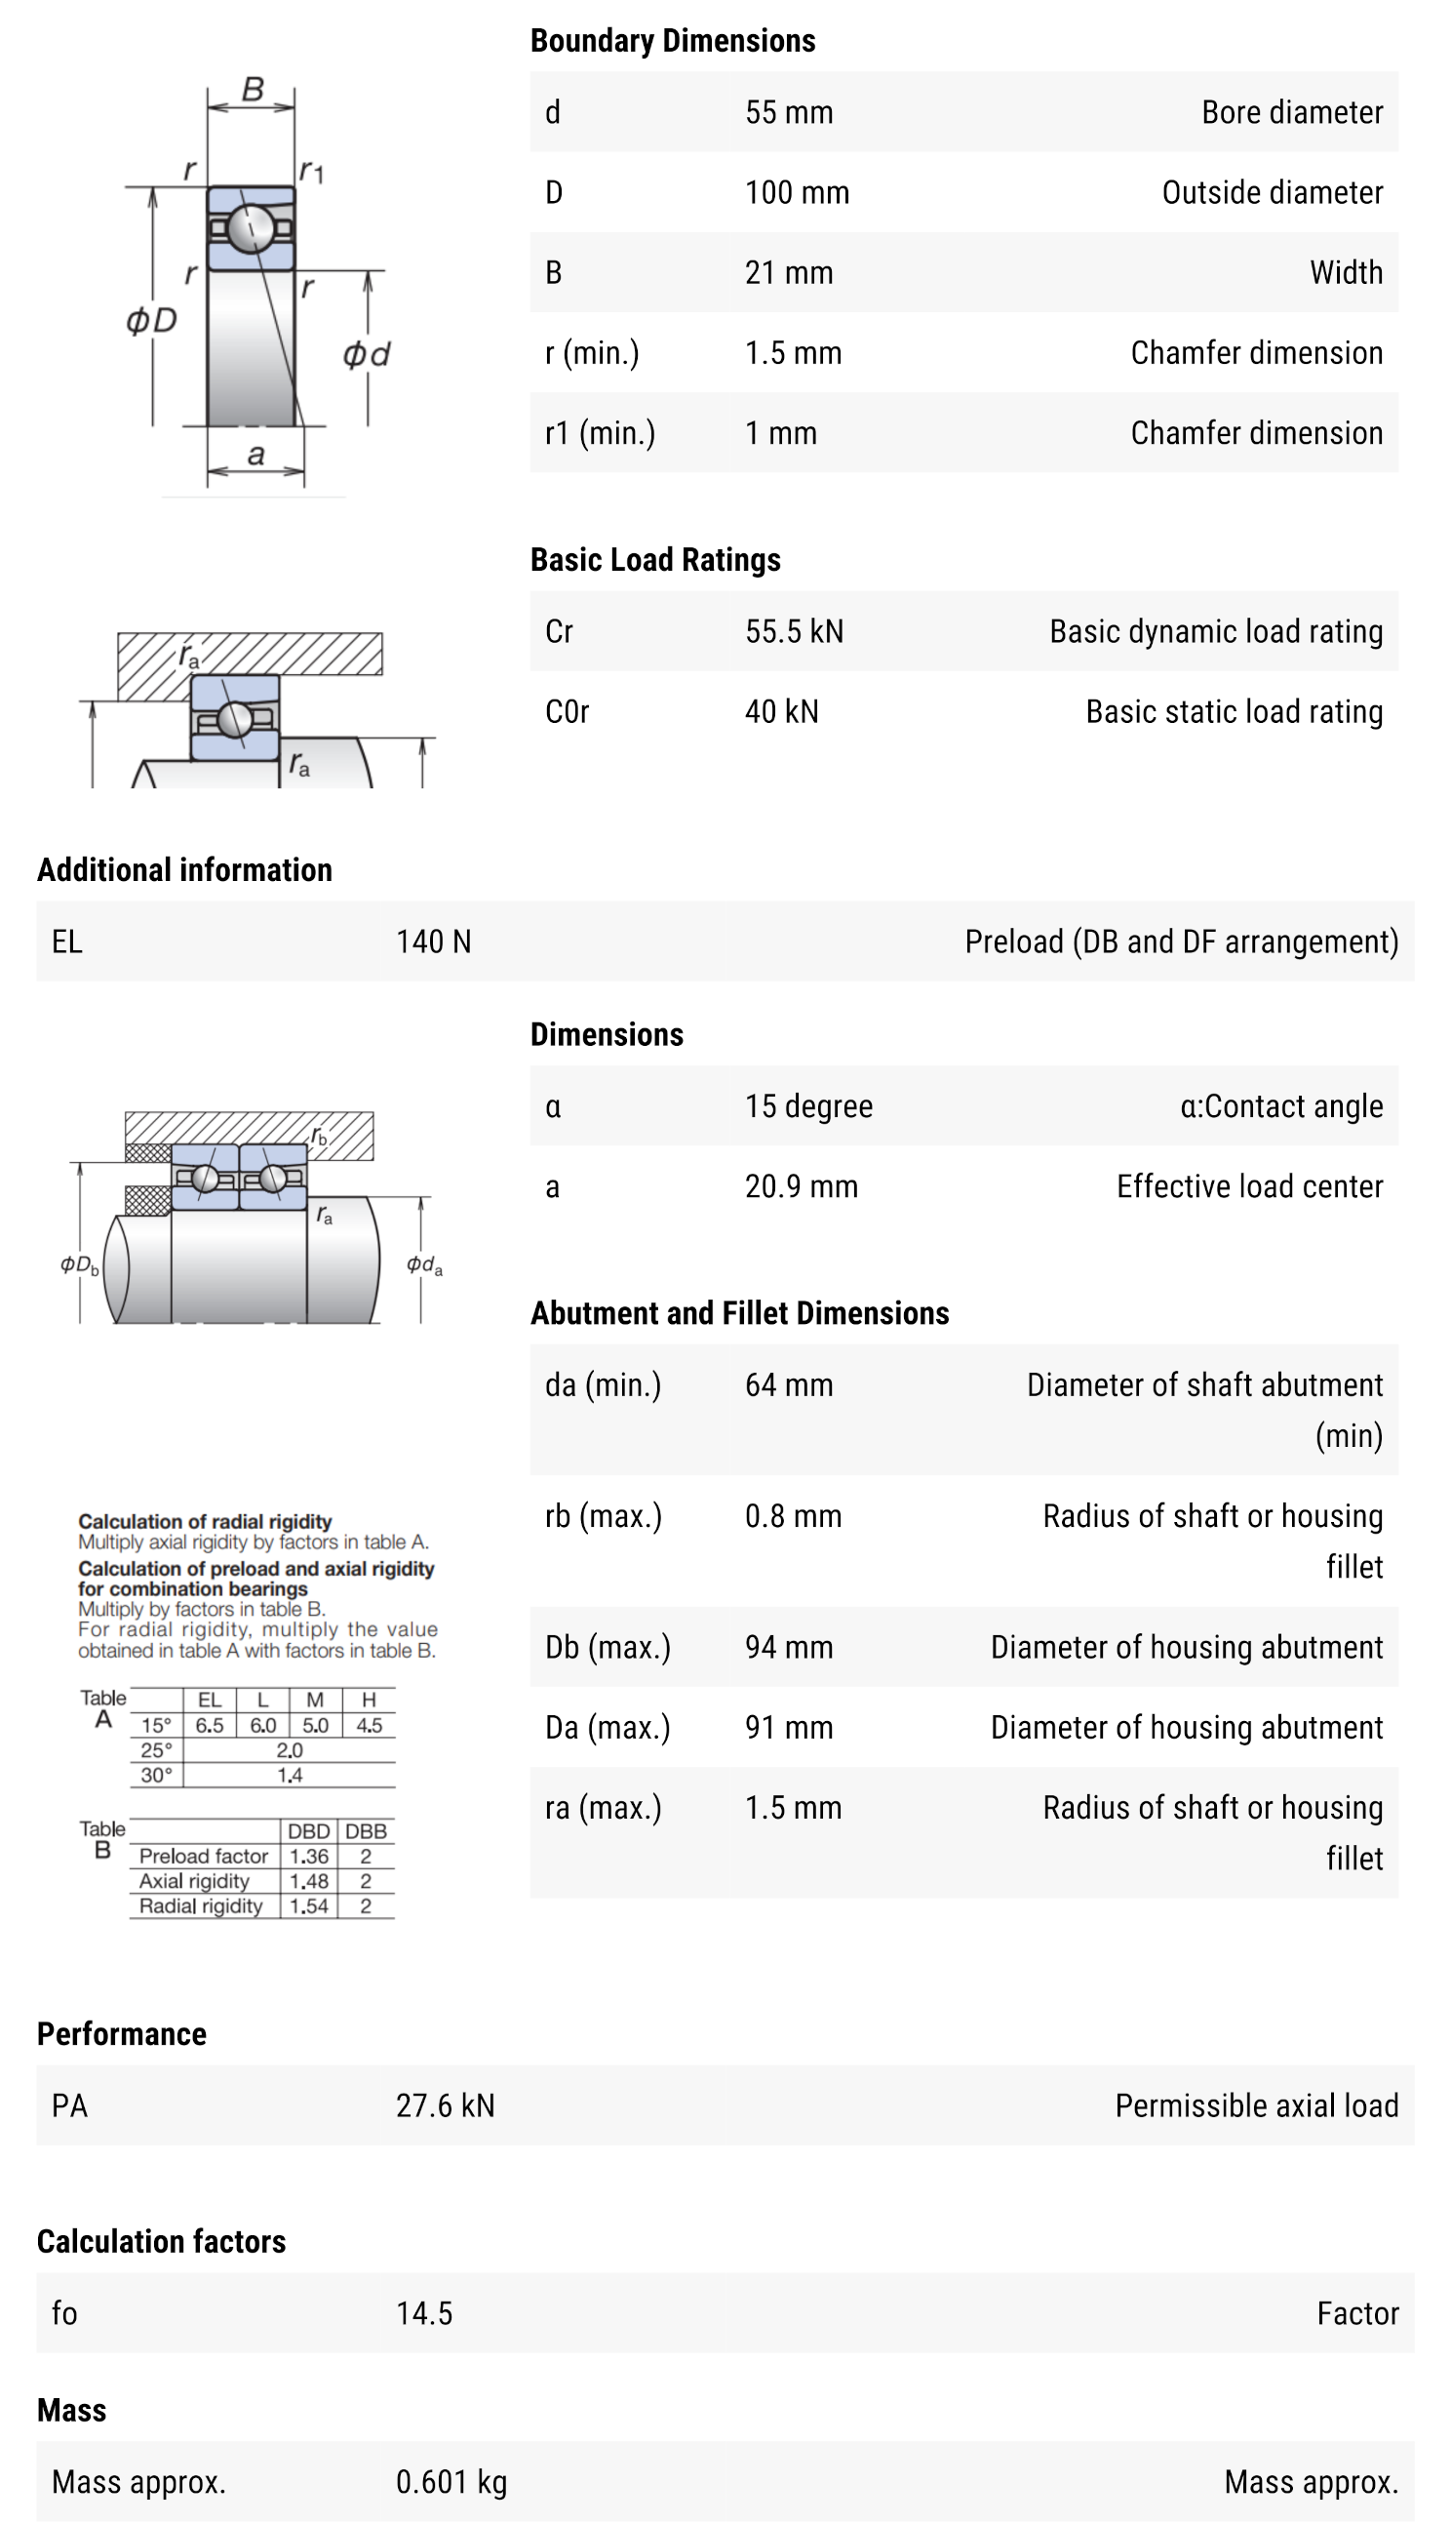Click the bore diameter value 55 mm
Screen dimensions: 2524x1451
[788, 112]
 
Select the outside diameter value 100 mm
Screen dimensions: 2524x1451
[797, 192]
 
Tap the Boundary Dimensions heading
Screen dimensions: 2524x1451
[672, 41]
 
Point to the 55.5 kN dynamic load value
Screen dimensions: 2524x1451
[793, 631]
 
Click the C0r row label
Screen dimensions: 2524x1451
[568, 712]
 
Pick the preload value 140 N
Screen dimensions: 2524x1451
[434, 942]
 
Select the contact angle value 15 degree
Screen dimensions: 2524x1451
[808, 1106]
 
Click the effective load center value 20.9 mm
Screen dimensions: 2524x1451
[801, 1186]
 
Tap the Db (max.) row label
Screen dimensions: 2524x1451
[607, 1648]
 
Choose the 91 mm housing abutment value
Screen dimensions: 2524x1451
[788, 1728]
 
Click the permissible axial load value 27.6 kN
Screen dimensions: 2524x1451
[445, 2105]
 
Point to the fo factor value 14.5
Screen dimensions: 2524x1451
[423, 2312]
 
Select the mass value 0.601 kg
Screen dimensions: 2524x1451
[451, 2481]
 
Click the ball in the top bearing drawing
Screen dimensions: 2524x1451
[251, 228]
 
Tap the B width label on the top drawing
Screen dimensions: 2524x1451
[254, 91]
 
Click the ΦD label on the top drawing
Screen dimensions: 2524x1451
[151, 321]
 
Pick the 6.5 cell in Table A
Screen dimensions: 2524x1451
[210, 1726]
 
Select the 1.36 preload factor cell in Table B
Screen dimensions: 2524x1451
[309, 1856]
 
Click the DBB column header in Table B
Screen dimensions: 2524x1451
[366, 1831]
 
